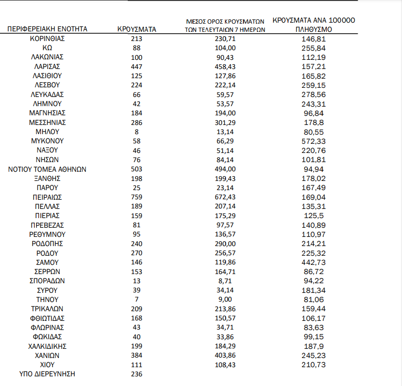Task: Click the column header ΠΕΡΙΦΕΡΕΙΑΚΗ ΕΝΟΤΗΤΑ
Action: [x=47, y=29]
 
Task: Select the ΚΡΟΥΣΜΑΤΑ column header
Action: [x=137, y=29]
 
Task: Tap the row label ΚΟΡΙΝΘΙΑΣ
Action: [x=47, y=38]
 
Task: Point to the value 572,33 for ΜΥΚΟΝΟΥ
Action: [x=313, y=141]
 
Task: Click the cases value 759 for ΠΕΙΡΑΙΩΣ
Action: [x=137, y=197]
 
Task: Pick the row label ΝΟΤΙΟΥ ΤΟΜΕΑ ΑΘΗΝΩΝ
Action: [x=47, y=169]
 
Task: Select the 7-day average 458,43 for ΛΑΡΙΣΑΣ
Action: [x=225, y=66]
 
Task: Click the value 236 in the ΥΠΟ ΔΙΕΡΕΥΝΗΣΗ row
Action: [x=137, y=374]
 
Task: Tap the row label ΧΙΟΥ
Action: [x=47, y=365]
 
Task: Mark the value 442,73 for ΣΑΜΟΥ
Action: [x=313, y=262]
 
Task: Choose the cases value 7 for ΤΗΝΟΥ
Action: [x=137, y=300]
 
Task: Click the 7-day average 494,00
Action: [x=225, y=169]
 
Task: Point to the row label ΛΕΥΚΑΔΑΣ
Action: [x=47, y=95]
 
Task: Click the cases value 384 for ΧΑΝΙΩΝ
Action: [x=137, y=356]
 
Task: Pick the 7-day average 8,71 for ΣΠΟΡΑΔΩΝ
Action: [x=225, y=281]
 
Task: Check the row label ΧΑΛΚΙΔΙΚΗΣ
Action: [x=47, y=346]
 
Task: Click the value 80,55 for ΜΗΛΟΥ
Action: [x=313, y=132]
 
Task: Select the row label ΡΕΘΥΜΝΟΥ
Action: [x=47, y=234]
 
